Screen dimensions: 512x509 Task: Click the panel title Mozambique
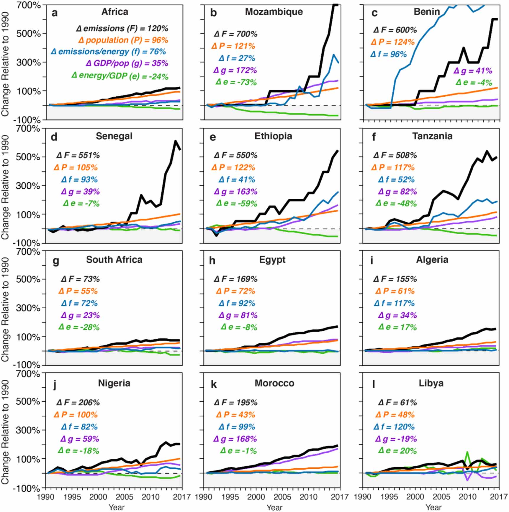(x=274, y=12)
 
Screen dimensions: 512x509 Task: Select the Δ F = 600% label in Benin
(x=395, y=30)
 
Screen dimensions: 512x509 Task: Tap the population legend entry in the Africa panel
(x=123, y=40)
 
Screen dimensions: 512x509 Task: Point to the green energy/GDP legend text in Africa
(x=120, y=76)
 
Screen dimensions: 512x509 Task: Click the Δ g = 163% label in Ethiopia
(x=235, y=192)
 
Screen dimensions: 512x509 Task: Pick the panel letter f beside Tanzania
(x=374, y=137)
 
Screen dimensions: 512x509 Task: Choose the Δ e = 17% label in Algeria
(x=397, y=327)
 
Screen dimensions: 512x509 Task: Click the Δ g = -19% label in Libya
(x=396, y=439)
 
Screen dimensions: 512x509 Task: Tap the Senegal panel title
(x=114, y=136)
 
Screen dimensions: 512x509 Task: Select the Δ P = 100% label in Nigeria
(x=76, y=415)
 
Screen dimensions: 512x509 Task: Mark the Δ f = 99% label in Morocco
(x=237, y=427)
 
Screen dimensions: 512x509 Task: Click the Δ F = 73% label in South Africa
(x=80, y=279)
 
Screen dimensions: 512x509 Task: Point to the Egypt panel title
(x=272, y=260)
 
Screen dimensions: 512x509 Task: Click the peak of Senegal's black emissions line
(x=175, y=141)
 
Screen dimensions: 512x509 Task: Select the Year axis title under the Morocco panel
(x=274, y=507)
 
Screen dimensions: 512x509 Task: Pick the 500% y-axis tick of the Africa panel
(x=28, y=33)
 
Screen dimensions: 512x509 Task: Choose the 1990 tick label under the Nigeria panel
(x=45, y=497)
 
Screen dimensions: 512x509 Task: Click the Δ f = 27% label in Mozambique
(x=237, y=58)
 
